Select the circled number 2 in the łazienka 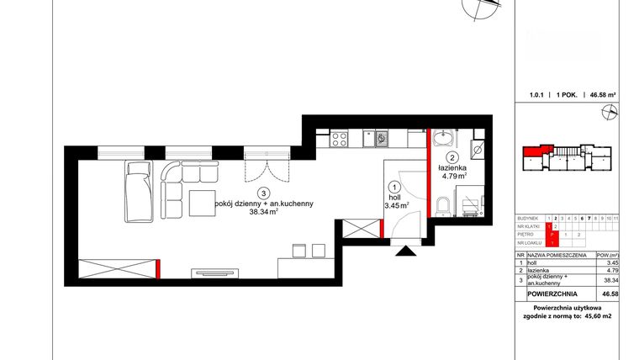[452, 157]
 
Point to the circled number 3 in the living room [263, 191]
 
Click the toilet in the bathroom [444, 205]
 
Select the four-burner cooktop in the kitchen [341, 137]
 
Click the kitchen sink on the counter [381, 137]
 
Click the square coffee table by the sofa [204, 204]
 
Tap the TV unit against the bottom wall [219, 271]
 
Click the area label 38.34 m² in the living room [264, 213]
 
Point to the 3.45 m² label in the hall [396, 204]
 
